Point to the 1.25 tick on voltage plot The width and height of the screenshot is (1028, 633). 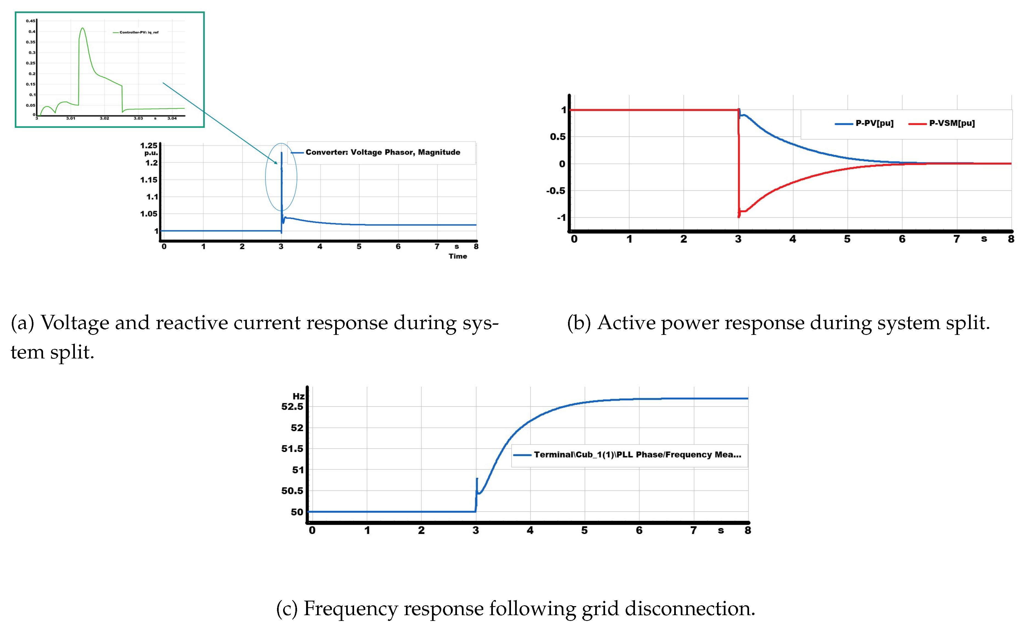point(149,145)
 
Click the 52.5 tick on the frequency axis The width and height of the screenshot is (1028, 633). point(292,406)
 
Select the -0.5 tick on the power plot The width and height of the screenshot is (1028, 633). point(555,191)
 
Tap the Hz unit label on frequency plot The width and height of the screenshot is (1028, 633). point(298,396)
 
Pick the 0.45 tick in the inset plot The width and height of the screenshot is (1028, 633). point(30,21)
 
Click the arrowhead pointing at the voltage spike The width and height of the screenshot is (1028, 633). point(276,162)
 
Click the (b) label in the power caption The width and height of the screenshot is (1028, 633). point(579,323)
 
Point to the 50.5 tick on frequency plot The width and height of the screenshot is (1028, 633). point(292,491)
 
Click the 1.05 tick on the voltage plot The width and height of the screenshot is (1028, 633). point(149,214)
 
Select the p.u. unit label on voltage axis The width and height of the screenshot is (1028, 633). point(151,153)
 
